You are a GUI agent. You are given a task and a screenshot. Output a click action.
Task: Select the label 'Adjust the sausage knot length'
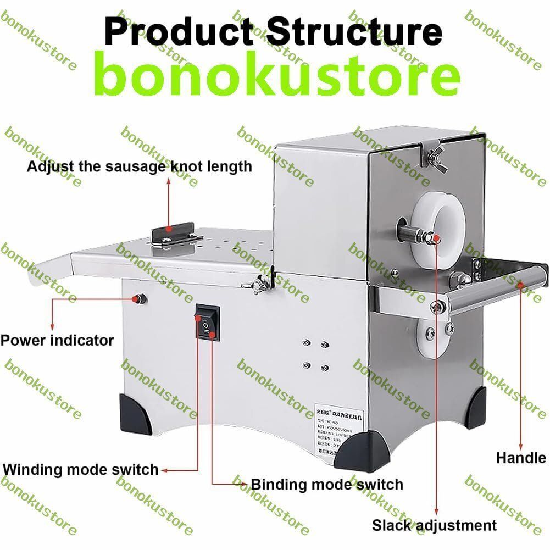139,166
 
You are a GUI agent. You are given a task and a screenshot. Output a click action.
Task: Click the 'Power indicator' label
57,340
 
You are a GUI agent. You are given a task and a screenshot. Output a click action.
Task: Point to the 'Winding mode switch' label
81,470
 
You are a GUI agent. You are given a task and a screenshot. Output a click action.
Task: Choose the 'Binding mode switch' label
326,484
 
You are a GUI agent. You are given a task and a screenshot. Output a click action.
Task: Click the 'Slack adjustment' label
434,525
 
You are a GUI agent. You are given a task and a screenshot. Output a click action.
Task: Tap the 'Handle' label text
521,457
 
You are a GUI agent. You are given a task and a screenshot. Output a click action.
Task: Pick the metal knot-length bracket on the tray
173,236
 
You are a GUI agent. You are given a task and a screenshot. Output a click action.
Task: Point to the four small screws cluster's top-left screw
306,343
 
